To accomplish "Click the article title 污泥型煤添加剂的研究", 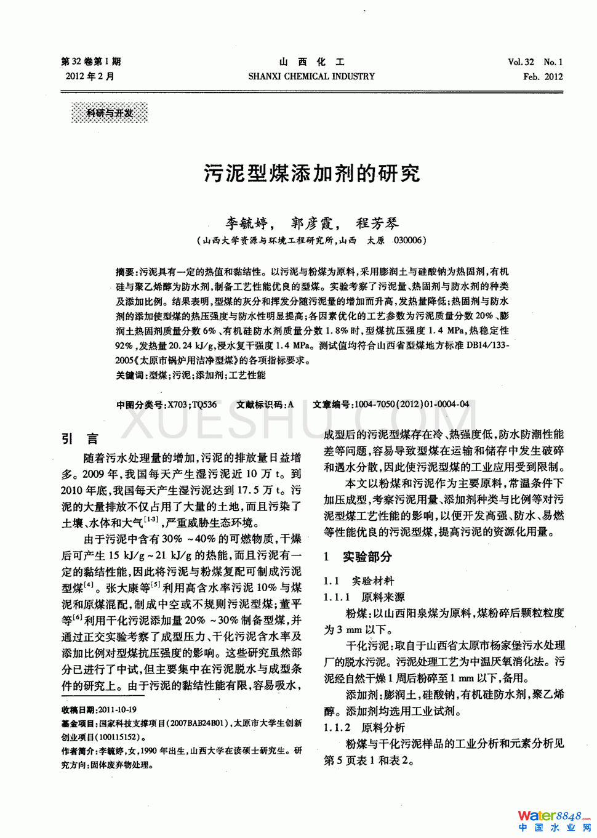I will click(x=312, y=174).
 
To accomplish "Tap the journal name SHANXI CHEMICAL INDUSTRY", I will click(x=311, y=76).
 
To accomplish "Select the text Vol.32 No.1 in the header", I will click(x=535, y=62).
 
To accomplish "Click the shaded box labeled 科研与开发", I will click(x=110, y=113).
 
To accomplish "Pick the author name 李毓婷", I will click(x=247, y=223).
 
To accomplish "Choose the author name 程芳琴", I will click(x=377, y=223).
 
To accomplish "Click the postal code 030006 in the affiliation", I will click(x=409, y=240).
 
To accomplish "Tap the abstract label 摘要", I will click(x=126, y=272).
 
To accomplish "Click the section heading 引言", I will click(x=80, y=438).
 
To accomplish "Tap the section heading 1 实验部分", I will click(x=358, y=557).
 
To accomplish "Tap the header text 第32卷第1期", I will click(x=91, y=62).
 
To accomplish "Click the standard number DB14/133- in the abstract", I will click(x=487, y=345).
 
